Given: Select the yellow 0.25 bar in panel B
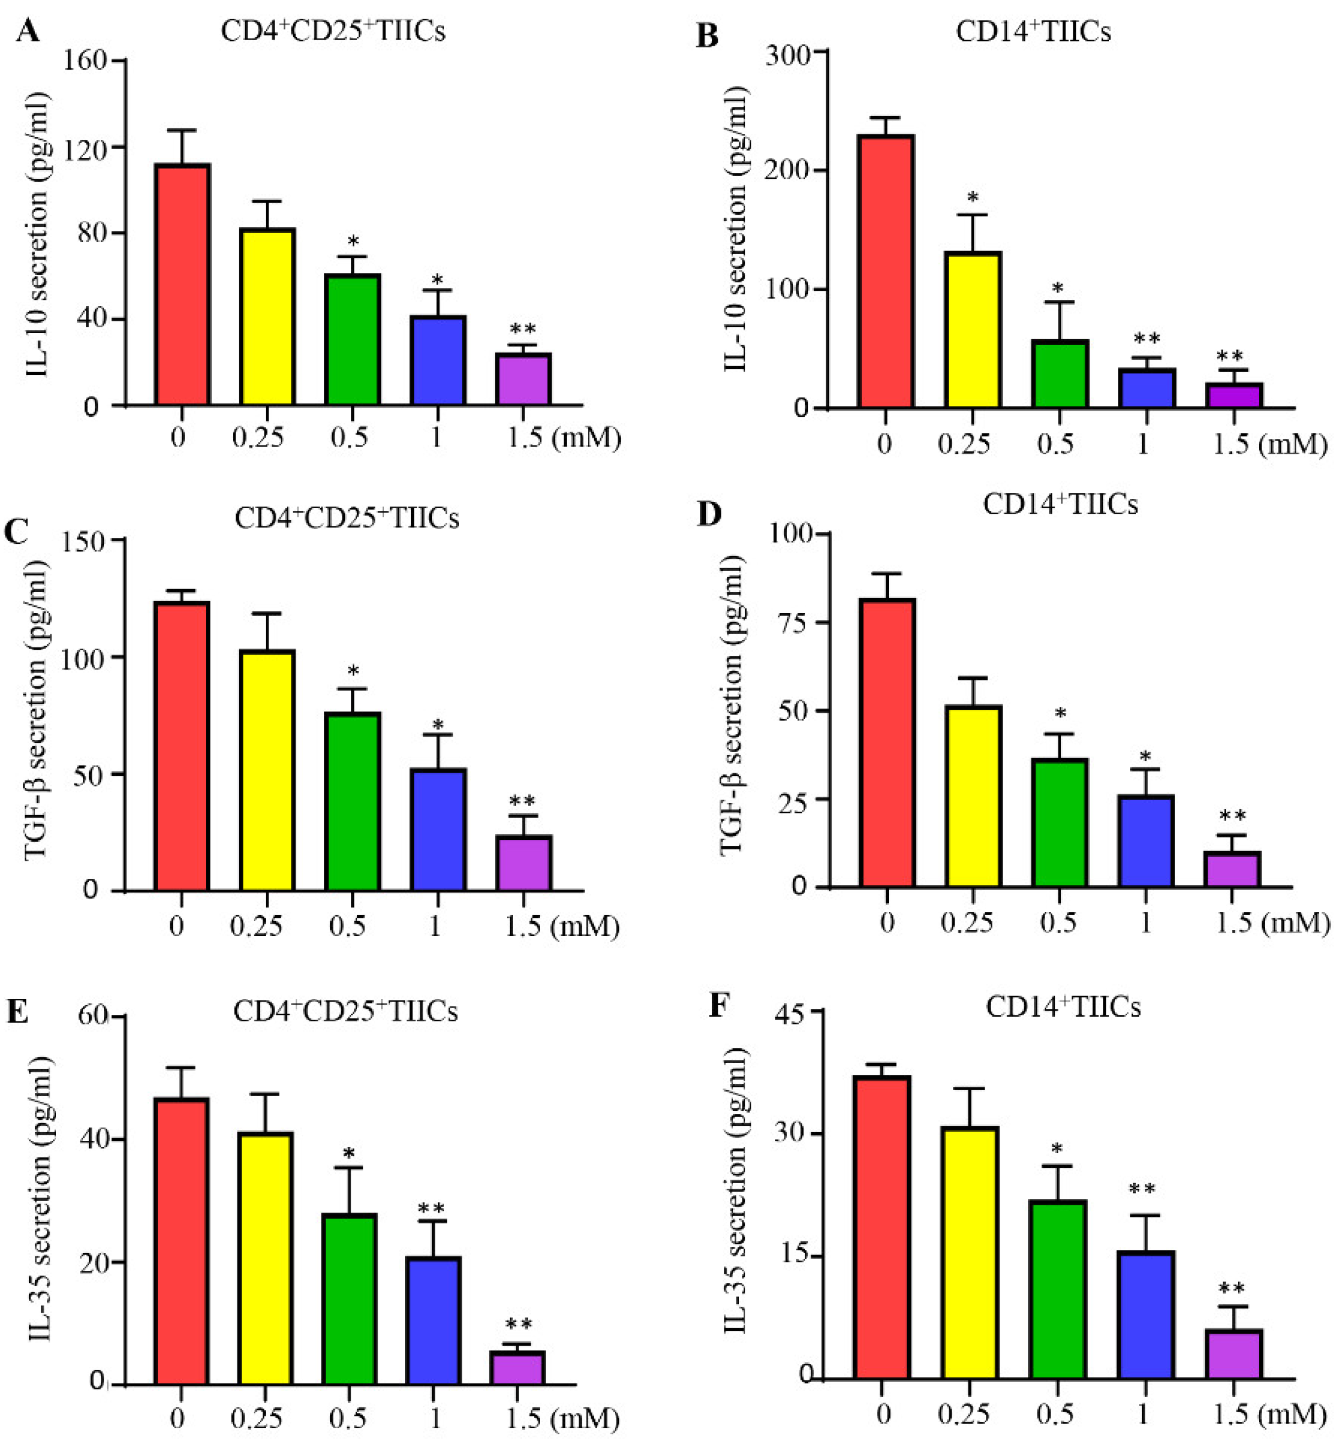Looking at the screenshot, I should click(x=973, y=330).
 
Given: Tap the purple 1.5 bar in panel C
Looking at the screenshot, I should click(x=523, y=863).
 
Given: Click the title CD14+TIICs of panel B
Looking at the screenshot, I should click(x=1033, y=32).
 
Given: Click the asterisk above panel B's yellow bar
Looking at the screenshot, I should click(x=973, y=197).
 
